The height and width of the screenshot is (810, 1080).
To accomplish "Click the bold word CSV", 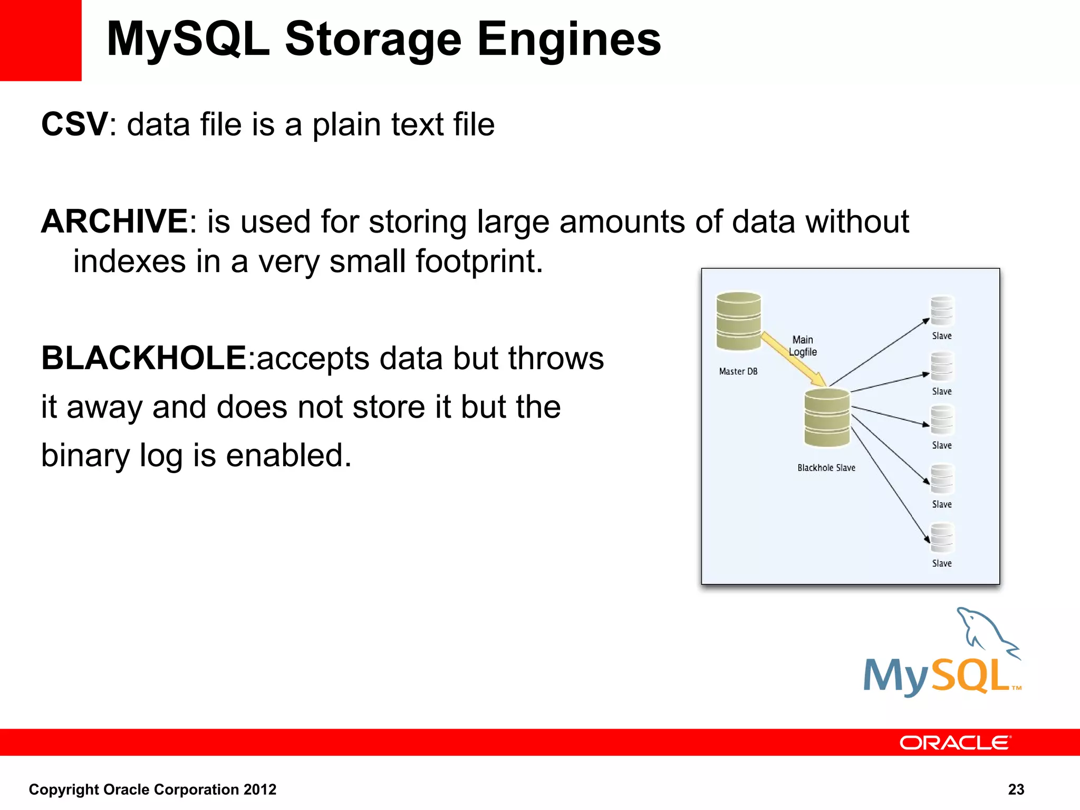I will pos(75,124).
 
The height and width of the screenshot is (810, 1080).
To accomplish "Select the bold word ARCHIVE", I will pos(114,221).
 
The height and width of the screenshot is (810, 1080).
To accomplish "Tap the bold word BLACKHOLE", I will pos(143,359).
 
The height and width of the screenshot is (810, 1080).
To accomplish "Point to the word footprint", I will pos(479,262).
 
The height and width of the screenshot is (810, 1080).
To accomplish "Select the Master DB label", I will pos(738,372).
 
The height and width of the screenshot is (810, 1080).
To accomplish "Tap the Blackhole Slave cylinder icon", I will pos(826,418).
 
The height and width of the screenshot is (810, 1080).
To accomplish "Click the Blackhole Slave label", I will pos(826,468).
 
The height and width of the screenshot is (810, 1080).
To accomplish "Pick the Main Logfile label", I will pos(803,346).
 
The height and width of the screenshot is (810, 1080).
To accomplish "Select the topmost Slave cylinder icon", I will pos(942,311).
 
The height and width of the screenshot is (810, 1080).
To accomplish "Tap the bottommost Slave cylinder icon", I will pos(942,538).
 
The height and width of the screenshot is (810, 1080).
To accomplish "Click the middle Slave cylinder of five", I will pos(942,420).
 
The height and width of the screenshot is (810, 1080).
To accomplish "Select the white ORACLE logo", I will pos(955,742).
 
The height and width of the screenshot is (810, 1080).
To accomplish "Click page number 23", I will pos(1016,789).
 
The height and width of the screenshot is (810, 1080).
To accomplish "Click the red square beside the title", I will pos(41,40).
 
